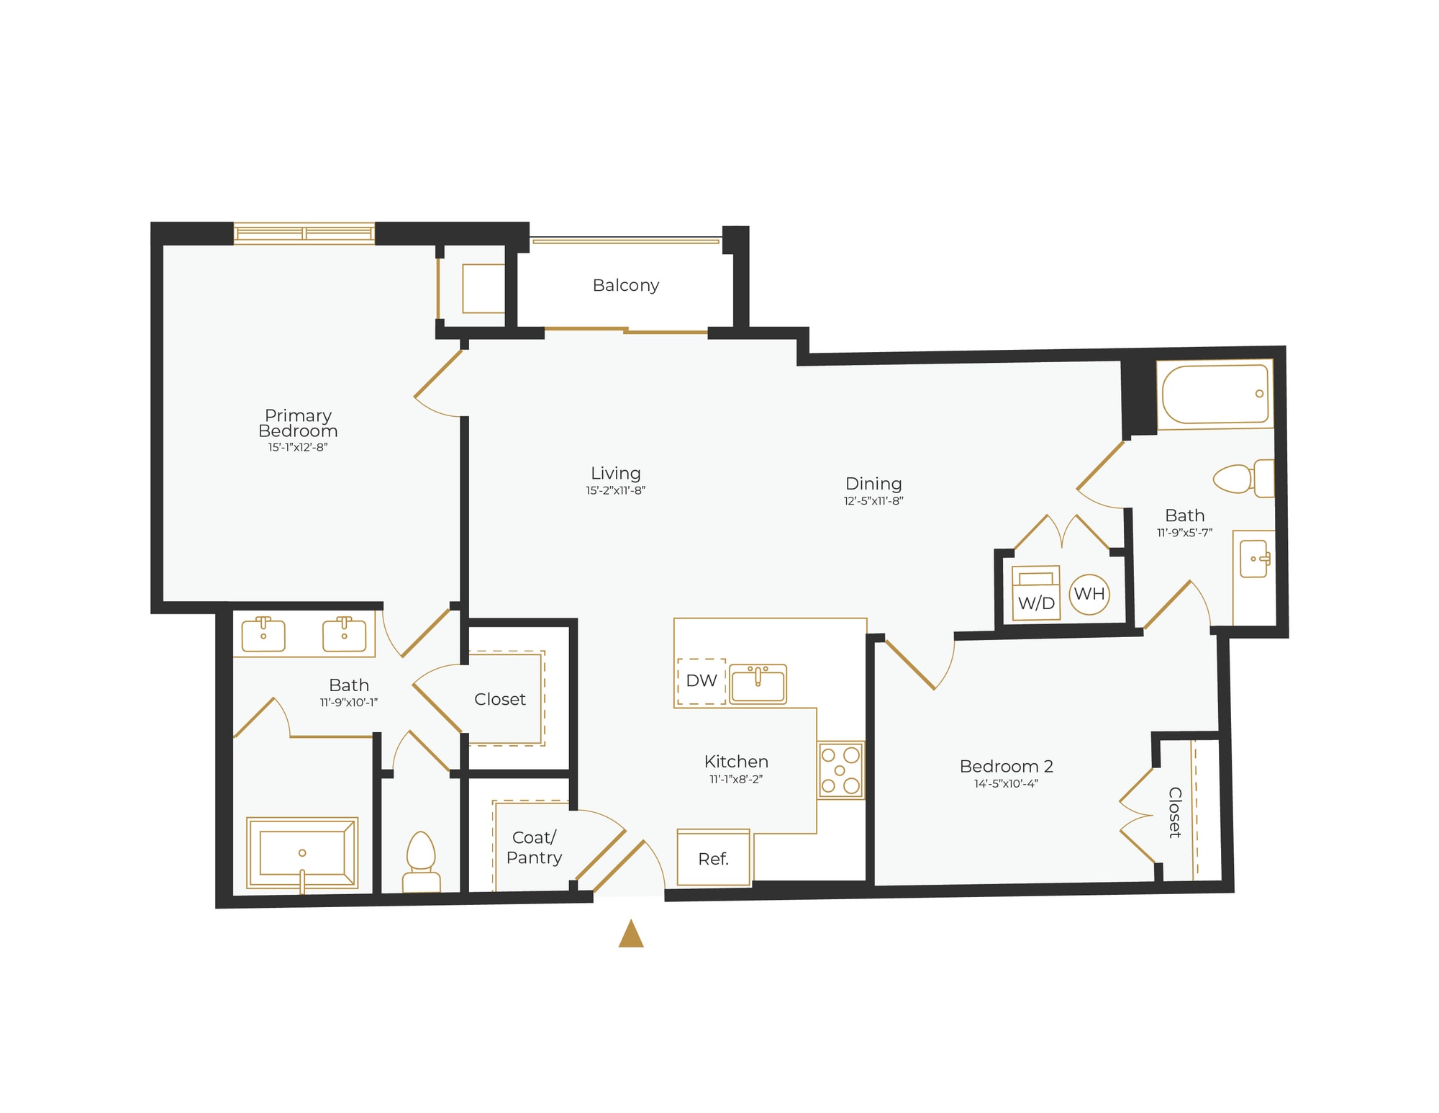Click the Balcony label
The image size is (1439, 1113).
point(625,285)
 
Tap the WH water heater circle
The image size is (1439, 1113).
point(1089,594)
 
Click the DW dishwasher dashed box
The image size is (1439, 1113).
point(701,681)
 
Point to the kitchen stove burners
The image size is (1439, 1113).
point(840,770)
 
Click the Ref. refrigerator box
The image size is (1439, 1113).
point(714,857)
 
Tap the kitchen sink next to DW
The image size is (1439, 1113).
point(758,683)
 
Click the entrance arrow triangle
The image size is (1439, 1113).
point(631,934)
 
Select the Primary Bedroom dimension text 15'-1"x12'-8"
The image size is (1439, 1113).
point(298,447)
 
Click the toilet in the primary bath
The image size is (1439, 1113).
point(421,862)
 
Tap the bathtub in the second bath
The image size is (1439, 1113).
point(1215,395)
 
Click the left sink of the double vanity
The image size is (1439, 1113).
point(263,634)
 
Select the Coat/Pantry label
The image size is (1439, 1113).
point(534,847)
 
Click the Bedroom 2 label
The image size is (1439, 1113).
point(1006,766)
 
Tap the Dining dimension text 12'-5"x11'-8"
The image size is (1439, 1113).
point(873,501)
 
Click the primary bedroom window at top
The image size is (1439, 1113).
point(304,233)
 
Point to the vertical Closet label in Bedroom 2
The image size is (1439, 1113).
point(1175,812)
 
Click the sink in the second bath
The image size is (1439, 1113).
point(1255,559)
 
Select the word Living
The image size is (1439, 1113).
point(615,473)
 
